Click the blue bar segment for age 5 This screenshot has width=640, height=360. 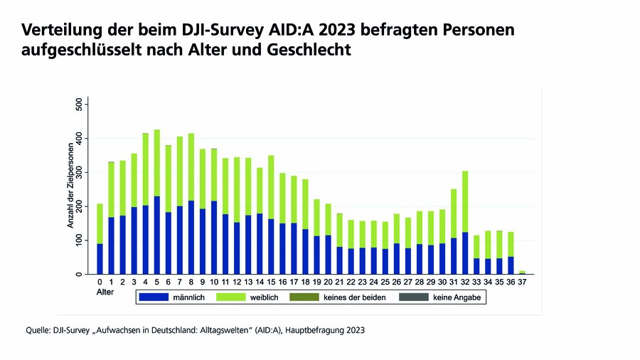pos(156,235)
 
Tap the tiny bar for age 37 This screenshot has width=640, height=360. pos(523,272)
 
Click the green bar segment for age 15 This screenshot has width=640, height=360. pos(271,186)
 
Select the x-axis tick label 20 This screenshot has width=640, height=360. pos(328,282)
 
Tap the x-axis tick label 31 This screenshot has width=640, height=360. pos(453,282)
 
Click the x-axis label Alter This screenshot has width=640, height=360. pos(105,292)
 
